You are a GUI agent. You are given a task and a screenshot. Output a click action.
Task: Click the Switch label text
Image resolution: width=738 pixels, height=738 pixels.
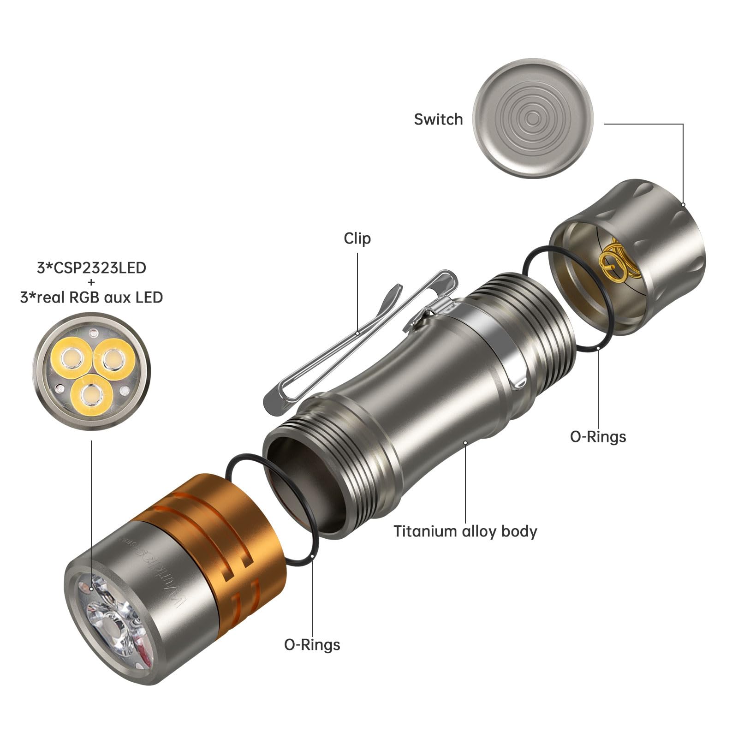(438, 119)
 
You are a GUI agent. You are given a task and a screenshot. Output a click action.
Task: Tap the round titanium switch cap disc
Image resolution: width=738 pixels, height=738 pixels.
(533, 119)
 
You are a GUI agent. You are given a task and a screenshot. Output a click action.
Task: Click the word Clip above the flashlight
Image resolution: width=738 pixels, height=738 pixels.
(357, 238)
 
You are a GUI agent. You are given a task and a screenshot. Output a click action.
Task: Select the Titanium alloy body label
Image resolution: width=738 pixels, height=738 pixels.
(465, 531)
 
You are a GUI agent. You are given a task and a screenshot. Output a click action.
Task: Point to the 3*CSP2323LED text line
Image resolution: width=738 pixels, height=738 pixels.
(91, 268)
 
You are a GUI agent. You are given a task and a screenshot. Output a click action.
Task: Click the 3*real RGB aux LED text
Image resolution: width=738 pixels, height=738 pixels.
(91, 298)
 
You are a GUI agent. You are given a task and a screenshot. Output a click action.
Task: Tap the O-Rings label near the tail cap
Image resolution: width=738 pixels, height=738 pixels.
(598, 436)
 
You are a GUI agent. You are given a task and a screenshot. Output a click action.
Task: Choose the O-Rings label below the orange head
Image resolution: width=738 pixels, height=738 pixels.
(312, 644)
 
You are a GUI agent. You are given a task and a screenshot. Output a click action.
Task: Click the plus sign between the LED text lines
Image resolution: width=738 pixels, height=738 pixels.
(91, 283)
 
